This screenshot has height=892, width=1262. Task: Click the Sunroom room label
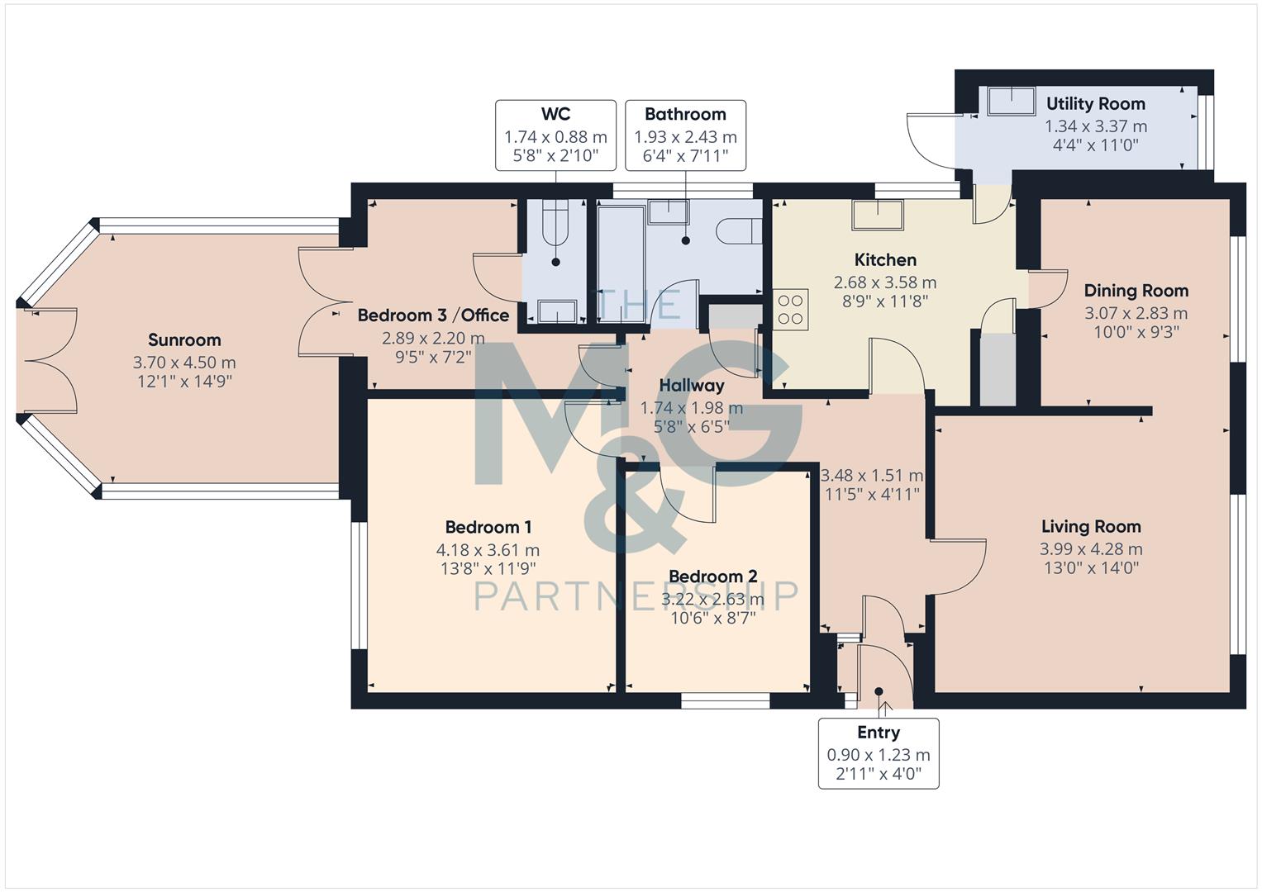pos(184,340)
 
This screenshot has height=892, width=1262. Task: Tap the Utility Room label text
pos(1095,104)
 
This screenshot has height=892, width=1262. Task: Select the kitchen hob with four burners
pos(790,309)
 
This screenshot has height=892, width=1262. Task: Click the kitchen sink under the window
pos(878,215)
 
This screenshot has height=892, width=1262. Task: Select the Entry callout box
pos(878,753)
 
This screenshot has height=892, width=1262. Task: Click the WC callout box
pos(555,135)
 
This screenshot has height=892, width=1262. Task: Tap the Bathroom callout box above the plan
pos(685,135)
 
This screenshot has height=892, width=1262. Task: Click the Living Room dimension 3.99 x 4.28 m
pos(1091,549)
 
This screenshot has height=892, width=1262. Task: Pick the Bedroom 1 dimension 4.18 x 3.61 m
pos(488,550)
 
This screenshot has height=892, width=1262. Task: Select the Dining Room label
pos(1136,291)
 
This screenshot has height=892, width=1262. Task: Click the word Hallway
pos(692,386)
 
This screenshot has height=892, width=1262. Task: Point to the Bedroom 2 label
pos(712,576)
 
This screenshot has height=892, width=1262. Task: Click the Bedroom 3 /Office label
pos(433,316)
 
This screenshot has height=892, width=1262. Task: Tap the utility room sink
pos(1011,101)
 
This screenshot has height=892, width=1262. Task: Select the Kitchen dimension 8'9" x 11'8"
pos(884,301)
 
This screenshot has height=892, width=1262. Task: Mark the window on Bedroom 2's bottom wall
pos(725,701)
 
